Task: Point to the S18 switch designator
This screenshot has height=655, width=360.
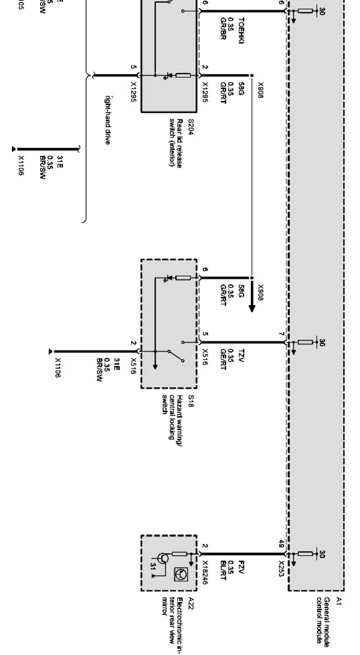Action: pyautogui.click(x=190, y=401)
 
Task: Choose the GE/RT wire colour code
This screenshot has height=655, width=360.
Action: pyautogui.click(x=223, y=359)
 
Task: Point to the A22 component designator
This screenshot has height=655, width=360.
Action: pyautogui.click(x=190, y=605)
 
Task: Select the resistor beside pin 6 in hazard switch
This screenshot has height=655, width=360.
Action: pyautogui.click(x=183, y=278)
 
